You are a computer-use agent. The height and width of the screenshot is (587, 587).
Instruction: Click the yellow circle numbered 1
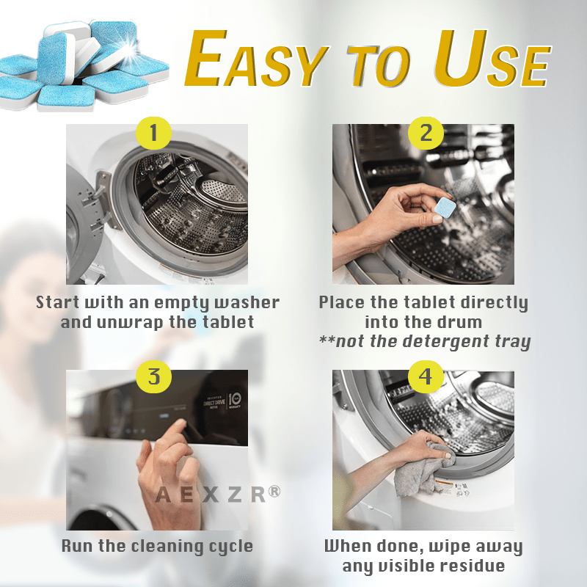click(x=154, y=132)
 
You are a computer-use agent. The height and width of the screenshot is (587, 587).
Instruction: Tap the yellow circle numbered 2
click(x=426, y=132)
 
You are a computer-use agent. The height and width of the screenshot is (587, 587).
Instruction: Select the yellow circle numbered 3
click(x=154, y=377)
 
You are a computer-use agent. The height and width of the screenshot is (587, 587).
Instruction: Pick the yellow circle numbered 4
click(x=426, y=377)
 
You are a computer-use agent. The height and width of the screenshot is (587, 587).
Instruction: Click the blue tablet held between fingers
click(x=445, y=209)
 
